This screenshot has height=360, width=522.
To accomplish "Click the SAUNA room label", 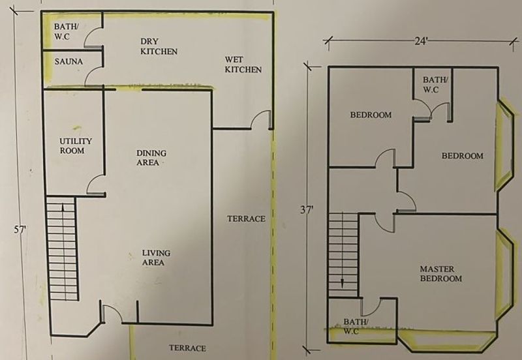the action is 69,61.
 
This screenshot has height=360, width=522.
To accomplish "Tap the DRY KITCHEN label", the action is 159,46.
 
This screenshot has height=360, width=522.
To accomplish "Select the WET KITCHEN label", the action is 243,65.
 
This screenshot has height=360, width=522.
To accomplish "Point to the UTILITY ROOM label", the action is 76,145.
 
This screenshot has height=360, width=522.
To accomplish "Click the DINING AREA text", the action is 151,158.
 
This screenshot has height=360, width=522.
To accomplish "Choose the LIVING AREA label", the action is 156,258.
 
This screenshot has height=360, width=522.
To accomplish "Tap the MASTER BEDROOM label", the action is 441,273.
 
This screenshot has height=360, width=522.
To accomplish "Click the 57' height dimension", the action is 20,230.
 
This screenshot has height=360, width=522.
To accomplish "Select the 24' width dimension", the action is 421,41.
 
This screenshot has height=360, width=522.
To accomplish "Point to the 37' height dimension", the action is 307,210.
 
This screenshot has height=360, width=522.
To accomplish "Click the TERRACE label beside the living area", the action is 247,218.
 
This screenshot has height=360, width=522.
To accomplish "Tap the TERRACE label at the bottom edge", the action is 187,348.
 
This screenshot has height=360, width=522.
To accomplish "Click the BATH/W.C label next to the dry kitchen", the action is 67,31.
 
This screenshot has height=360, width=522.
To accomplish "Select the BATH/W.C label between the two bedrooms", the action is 435,85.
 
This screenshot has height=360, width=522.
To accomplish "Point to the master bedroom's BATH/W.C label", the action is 356,326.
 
